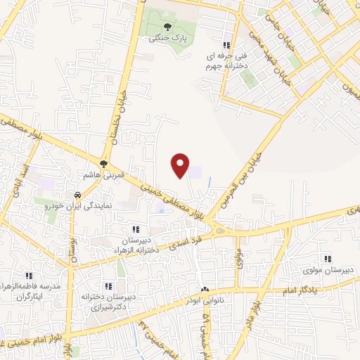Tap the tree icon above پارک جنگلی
166,27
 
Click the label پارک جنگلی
165,39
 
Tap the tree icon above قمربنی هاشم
104,164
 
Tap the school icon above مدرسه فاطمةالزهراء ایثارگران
29,276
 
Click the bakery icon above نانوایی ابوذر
205,290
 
